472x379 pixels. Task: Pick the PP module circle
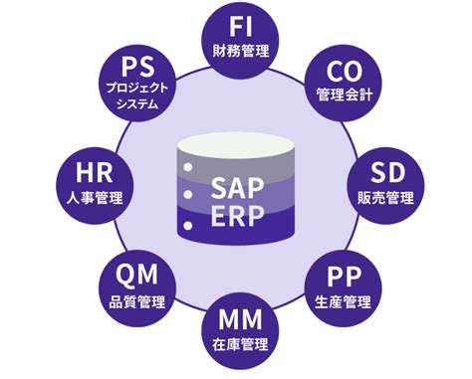(x=343, y=285)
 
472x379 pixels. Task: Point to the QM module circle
(x=136, y=285)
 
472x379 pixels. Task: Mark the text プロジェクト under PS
(x=136, y=89)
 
